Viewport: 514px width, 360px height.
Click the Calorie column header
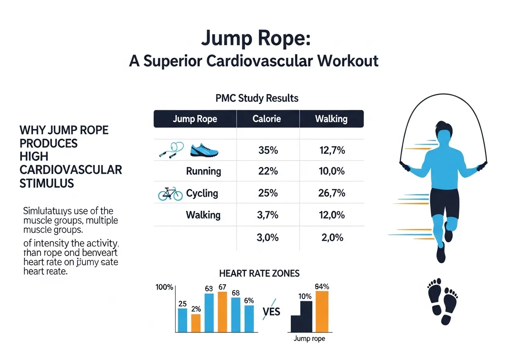(267, 119)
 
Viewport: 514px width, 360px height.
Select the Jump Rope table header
(195, 119)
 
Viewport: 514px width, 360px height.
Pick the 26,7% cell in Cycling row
(331, 193)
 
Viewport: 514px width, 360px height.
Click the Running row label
(204, 172)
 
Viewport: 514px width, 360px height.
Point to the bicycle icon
(170, 194)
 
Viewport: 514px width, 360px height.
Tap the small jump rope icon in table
(171, 150)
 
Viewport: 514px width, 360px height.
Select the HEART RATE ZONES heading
(259, 274)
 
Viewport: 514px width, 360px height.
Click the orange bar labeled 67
(222, 312)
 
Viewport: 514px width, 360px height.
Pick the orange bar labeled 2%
(196, 323)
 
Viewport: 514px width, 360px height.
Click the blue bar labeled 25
(182, 320)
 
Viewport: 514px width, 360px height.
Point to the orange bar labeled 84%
(322, 312)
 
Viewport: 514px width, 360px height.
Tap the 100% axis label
(164, 288)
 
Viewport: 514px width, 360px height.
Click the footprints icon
(443, 301)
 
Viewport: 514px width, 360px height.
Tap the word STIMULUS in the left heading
(47, 184)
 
